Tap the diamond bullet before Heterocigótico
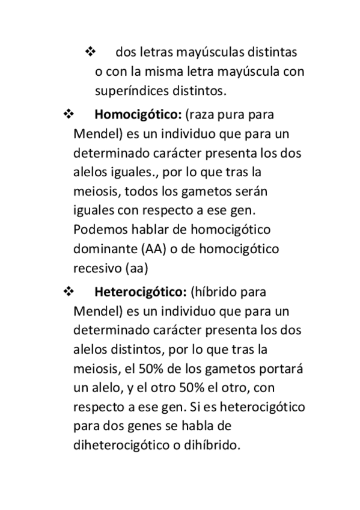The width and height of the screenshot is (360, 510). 67,292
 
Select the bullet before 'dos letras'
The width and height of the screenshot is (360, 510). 91,52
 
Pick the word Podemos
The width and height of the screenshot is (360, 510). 99,230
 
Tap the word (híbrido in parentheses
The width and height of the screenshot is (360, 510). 213,292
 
